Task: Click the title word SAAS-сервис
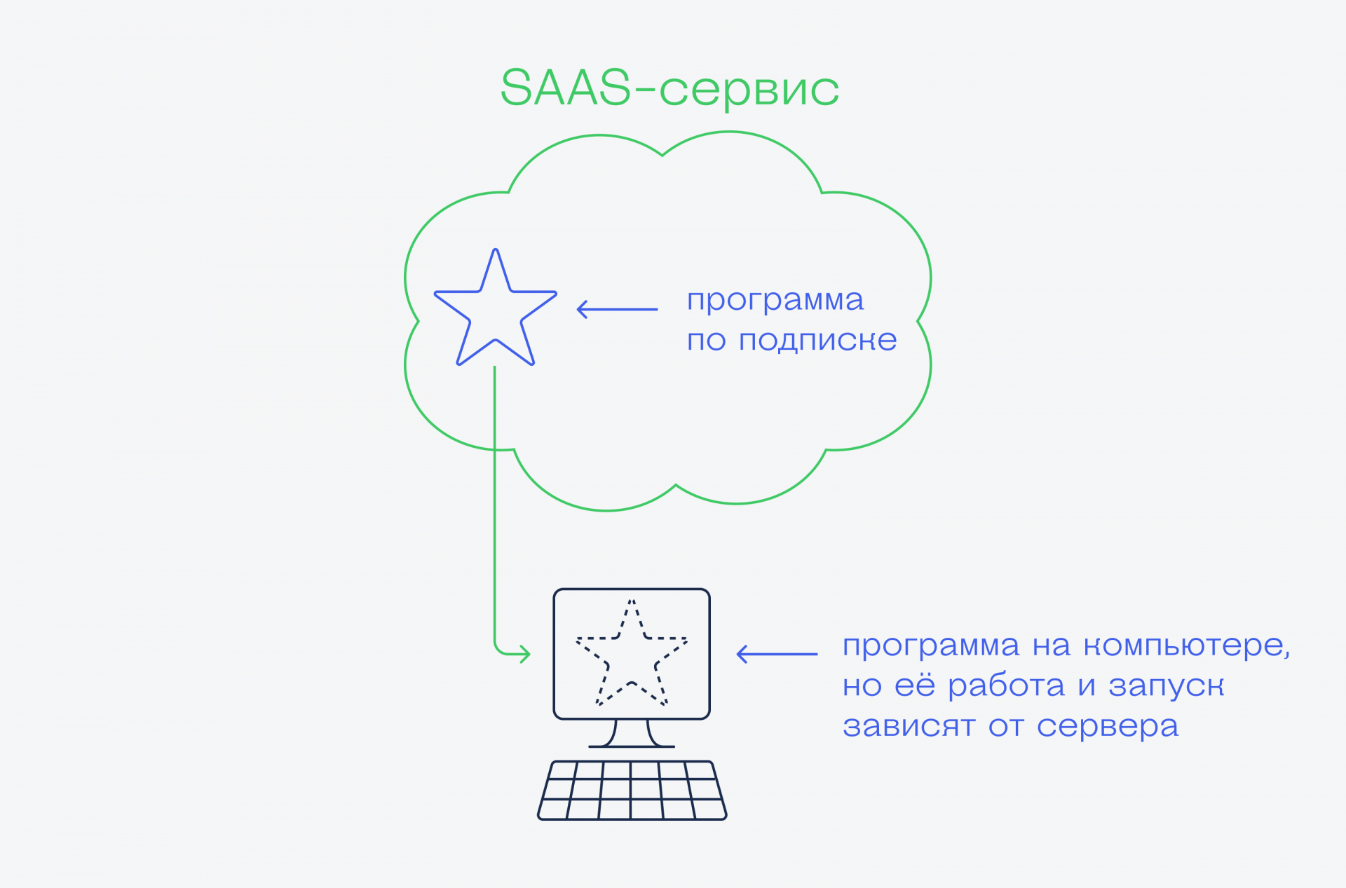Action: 669,89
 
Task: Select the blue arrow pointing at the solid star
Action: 617,309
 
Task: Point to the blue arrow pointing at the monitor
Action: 777,654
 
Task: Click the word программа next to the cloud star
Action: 775,301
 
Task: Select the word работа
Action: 1006,686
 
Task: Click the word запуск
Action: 1167,686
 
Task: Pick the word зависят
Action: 909,726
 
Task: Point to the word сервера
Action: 1108,728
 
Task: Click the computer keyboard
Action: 632,790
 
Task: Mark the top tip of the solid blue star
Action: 496,251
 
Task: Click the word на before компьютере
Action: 1051,646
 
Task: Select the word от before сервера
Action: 1006,727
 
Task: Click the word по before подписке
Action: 705,341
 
